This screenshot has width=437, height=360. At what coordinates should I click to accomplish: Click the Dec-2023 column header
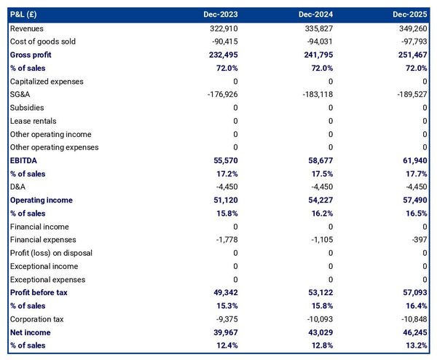[x=221, y=15]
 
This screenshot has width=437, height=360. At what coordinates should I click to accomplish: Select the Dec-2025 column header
[x=410, y=15]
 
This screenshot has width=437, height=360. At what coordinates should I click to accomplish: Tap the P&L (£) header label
[x=28, y=15]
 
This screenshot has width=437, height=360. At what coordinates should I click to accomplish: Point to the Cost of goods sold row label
[x=43, y=42]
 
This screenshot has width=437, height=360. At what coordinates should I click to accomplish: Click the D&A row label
[x=19, y=187]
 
